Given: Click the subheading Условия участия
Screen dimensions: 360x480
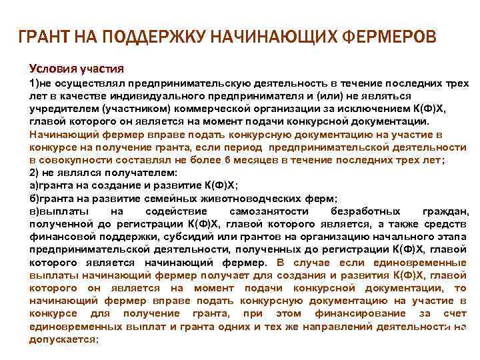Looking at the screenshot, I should [x=76, y=69].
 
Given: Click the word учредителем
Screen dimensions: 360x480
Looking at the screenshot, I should [x=59, y=109].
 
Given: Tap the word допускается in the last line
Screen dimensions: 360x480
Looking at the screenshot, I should [x=62, y=339].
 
